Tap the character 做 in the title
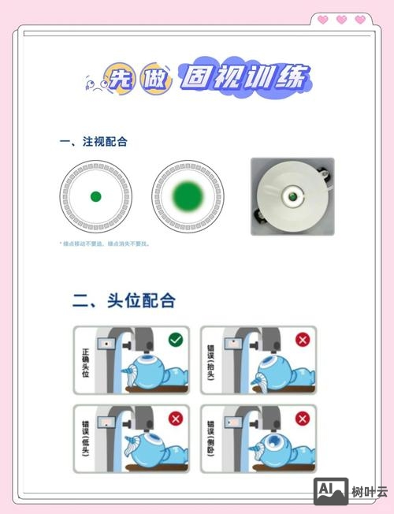(x=154, y=79)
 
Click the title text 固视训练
(x=244, y=78)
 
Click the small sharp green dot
(x=96, y=196)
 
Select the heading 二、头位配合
(x=124, y=300)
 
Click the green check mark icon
(x=175, y=341)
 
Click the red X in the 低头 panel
(x=175, y=419)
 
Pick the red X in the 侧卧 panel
(x=302, y=419)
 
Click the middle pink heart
(x=341, y=20)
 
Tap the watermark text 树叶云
(x=370, y=491)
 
